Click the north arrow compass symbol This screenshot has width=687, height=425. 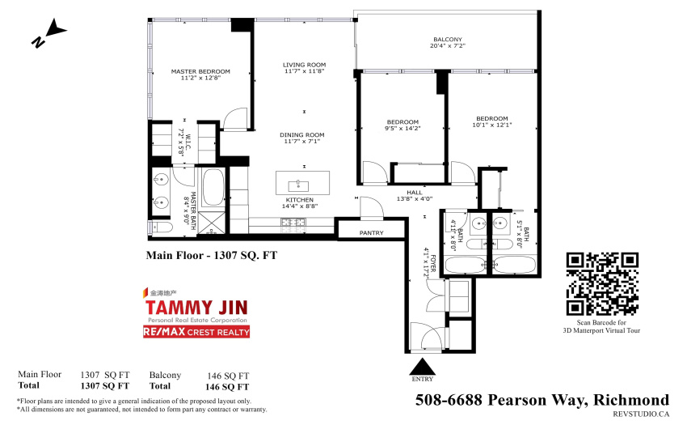pos(48,32)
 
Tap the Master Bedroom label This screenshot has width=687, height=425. pos(200,71)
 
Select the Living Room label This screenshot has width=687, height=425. pos(304,65)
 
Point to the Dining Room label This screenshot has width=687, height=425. pos(302,135)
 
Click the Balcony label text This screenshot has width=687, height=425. pos(447,40)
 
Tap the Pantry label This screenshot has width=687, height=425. pos(372,232)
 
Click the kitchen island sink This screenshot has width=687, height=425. pos(299,184)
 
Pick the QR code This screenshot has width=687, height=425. pos(602,284)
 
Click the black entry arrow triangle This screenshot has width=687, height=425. pos(422,366)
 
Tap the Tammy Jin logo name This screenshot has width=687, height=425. pos(196,308)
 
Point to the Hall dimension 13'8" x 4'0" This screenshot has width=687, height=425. pos(415,199)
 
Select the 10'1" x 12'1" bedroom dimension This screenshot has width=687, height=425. pos(492,125)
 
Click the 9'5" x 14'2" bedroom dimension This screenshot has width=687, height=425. pos(403,129)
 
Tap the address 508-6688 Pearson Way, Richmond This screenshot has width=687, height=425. pos(542,400)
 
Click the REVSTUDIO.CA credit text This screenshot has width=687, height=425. pos(641,414)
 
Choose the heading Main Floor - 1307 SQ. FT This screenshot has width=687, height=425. pos(212,256)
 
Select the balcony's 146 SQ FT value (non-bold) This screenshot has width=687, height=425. pos(228,376)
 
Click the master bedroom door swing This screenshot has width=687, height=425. pos(236,118)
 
